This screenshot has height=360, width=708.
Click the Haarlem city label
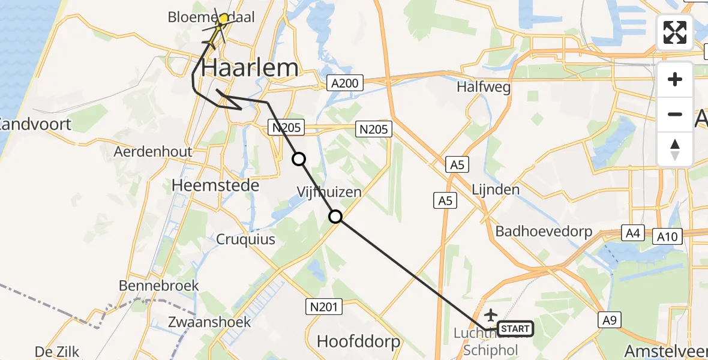[250, 68]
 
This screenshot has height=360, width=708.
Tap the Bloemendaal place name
[220, 17]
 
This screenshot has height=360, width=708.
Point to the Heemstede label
[215, 185]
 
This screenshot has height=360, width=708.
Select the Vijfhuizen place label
[329, 193]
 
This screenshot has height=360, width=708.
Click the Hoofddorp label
[358, 342]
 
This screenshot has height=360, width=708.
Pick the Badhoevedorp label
[544, 232]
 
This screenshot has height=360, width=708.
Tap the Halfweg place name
[484, 87]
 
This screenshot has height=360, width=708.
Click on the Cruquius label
[247, 239]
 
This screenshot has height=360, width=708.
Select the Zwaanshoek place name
[201, 322]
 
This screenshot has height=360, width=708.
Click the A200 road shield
[346, 83]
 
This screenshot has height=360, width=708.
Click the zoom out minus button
[675, 114]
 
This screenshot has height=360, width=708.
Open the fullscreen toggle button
[675, 32]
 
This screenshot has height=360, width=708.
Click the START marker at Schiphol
[515, 329]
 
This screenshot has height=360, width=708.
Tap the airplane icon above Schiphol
[491, 314]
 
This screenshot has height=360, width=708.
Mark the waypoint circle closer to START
[335, 217]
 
